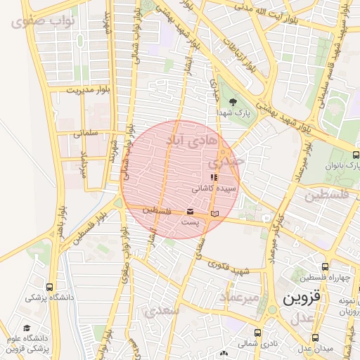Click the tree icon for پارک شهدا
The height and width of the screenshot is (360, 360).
[x=233, y=103]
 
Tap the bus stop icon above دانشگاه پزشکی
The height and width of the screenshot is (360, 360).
[x=49, y=287]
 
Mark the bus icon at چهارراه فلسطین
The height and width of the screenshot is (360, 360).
[x=324, y=266]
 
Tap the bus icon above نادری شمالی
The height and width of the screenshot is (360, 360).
[x=258, y=333]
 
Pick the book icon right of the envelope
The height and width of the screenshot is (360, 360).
[x=215, y=212]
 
